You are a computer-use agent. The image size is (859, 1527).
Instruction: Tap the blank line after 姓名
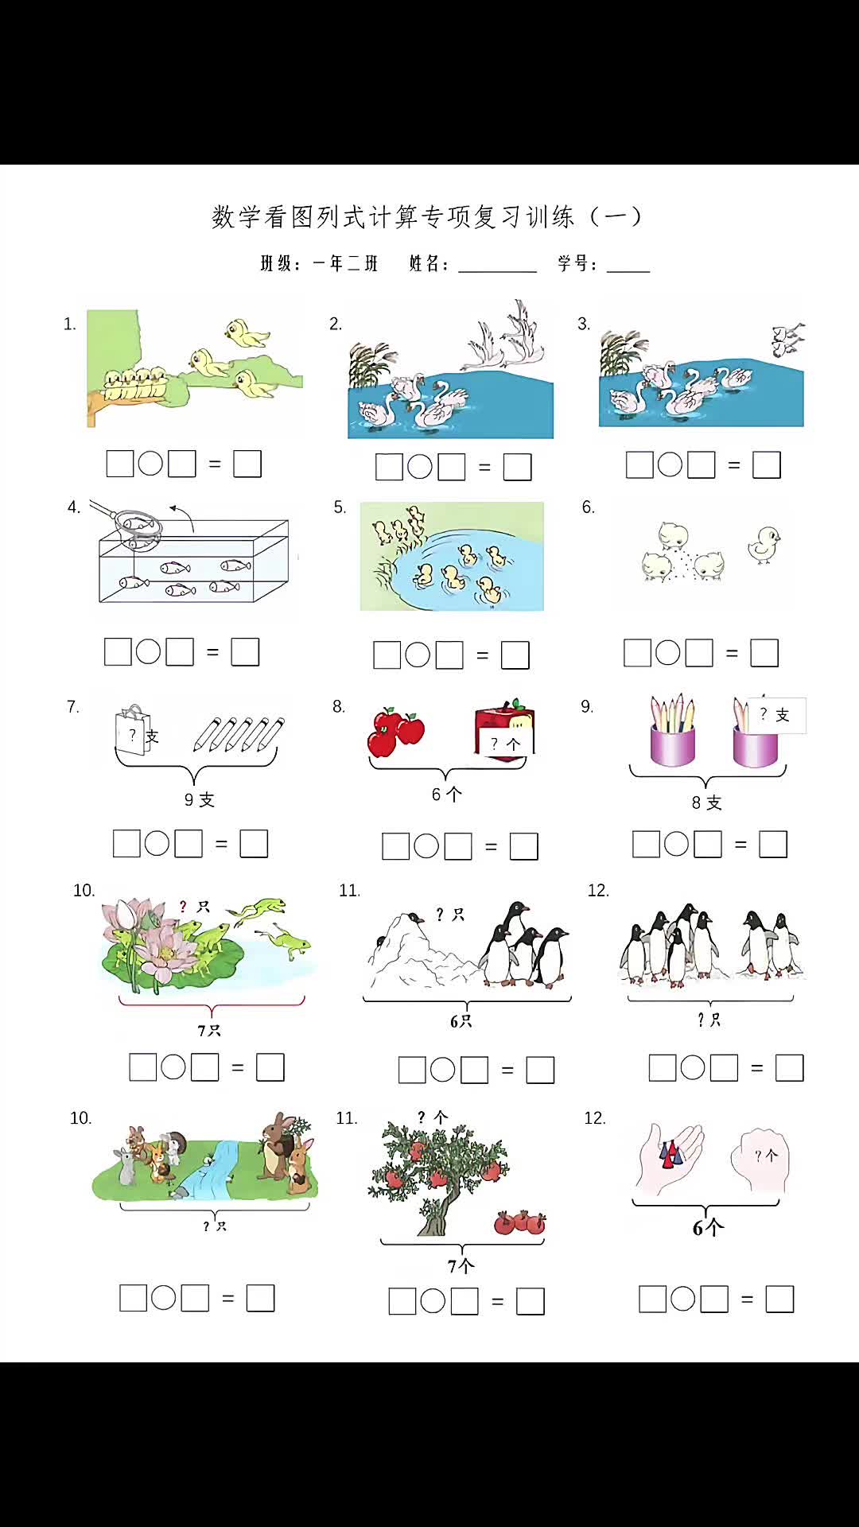[497, 266]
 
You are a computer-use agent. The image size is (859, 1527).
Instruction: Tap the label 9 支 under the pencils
[199, 800]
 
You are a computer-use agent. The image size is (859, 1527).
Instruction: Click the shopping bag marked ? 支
[133, 730]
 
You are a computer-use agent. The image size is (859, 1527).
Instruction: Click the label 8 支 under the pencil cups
[706, 803]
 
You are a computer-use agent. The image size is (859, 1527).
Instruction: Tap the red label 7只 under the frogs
[209, 1031]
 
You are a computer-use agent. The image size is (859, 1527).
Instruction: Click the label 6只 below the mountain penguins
[461, 1021]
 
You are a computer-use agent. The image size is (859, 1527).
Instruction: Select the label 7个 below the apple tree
[461, 1265]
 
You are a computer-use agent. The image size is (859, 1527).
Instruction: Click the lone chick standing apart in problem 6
[764, 545]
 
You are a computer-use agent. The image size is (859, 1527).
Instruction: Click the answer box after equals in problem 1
[247, 464]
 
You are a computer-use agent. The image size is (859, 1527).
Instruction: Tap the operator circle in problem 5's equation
[418, 655]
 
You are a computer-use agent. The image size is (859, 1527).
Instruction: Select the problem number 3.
[583, 324]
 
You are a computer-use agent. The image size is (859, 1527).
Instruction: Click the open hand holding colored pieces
[670, 1157]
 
